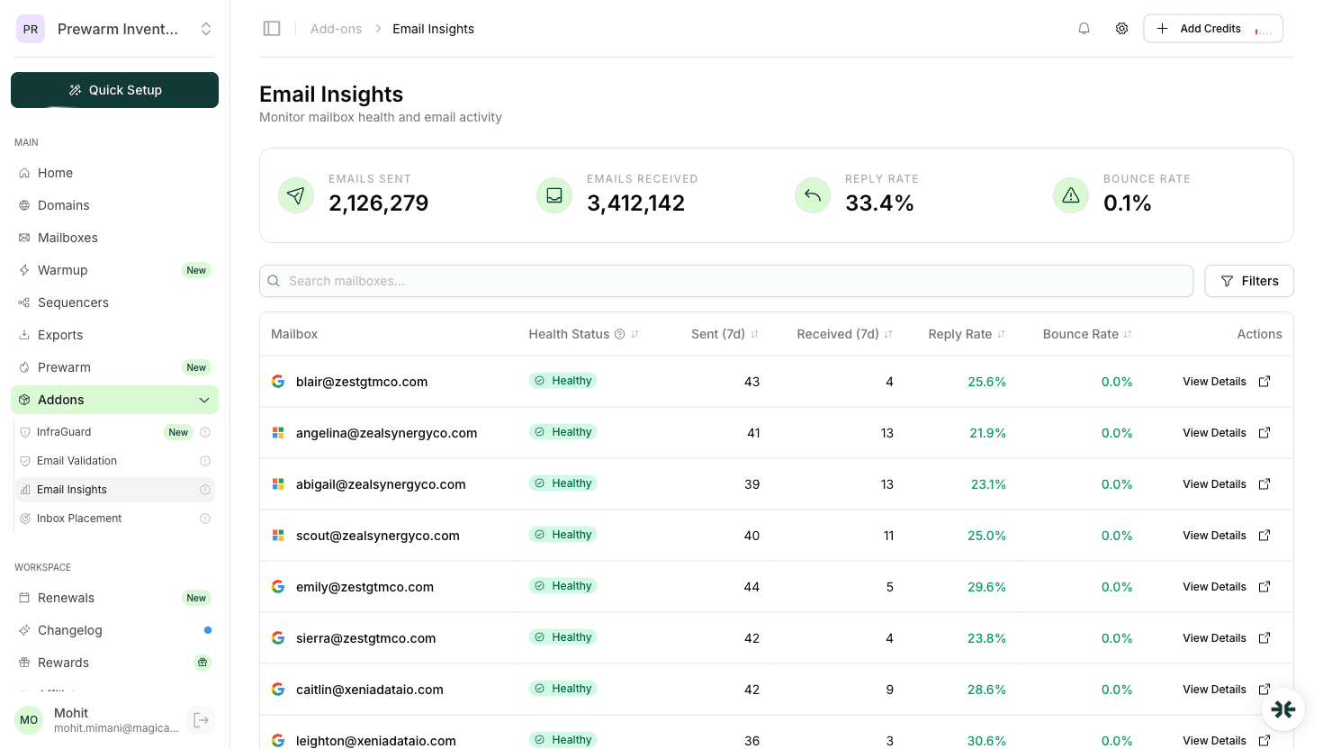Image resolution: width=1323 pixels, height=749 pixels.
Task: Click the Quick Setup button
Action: pos(115,90)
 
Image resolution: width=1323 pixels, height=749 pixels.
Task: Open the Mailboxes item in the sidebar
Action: pos(67,238)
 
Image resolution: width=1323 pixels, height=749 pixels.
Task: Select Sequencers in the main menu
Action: pos(73,302)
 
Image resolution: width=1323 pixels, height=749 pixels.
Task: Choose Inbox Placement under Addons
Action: pos(79,519)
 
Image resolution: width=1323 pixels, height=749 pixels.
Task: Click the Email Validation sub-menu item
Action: pos(76,461)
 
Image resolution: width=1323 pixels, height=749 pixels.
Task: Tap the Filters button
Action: pos(1248,281)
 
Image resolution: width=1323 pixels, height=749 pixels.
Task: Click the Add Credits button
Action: pos(1211,29)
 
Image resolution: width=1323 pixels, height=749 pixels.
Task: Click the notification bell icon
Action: pos(1084,29)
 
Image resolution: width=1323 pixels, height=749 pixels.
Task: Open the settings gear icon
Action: pos(1121,29)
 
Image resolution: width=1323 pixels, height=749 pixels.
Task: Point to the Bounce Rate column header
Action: pos(1081,334)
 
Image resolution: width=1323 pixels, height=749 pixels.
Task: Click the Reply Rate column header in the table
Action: pos(960,334)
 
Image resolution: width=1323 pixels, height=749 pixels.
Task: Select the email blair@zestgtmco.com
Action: pos(362,382)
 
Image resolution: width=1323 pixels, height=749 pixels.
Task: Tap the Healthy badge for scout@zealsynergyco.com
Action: pos(562,535)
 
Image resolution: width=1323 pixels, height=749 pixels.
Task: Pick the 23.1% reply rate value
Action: pos(988,484)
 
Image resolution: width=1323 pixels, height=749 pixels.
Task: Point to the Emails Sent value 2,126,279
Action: pos(378,203)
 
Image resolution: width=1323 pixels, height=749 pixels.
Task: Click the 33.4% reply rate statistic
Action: pos(879,203)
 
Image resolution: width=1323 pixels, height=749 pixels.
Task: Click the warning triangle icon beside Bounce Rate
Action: pos(1071,195)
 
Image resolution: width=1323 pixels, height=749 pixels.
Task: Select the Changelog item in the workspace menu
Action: pos(70,630)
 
